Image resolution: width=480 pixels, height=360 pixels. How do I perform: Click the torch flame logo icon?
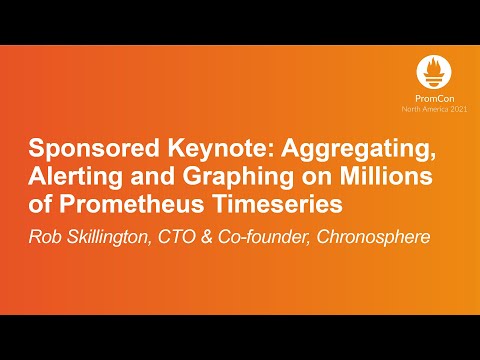click(x=436, y=73)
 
